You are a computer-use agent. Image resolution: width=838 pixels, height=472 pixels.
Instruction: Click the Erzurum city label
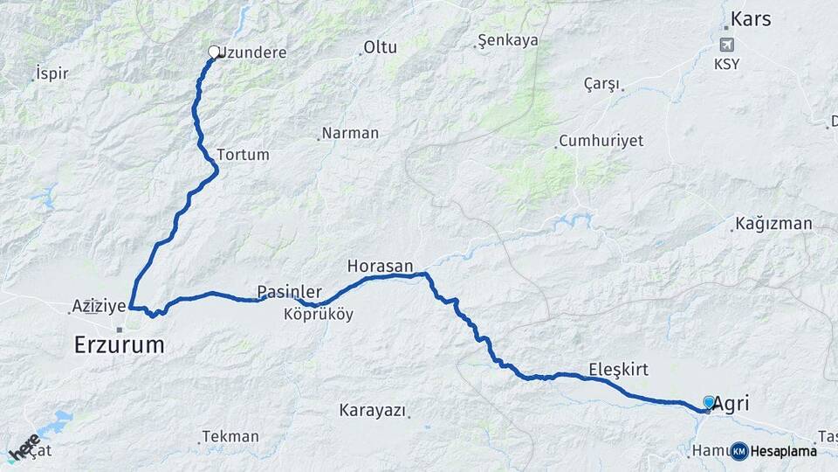click(119, 344)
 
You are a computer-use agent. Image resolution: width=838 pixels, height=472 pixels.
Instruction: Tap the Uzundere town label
click(252, 52)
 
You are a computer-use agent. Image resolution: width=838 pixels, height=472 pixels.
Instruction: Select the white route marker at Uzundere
click(214, 52)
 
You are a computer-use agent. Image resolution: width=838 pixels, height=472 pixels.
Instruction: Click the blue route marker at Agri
click(709, 402)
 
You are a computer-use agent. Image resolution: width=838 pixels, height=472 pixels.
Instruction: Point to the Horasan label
click(380, 266)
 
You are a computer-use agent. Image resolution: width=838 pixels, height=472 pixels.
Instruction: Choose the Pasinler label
click(289, 291)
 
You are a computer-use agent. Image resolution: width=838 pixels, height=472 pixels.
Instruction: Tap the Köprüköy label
click(319, 315)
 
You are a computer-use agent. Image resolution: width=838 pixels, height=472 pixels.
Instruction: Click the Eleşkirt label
click(618, 369)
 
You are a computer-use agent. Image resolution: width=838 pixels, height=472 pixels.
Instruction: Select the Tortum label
click(237, 154)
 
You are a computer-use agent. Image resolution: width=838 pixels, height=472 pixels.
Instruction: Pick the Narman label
click(350, 133)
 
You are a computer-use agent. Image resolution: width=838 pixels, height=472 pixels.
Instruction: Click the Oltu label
click(380, 47)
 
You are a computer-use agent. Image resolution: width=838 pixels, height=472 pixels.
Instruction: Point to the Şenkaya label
click(509, 40)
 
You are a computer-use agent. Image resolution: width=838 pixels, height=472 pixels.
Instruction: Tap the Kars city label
click(750, 18)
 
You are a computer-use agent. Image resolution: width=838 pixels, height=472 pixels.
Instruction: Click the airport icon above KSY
click(726, 45)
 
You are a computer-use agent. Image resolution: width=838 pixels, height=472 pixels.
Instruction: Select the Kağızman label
click(773, 224)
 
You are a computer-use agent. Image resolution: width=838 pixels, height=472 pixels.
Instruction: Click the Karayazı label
click(374, 410)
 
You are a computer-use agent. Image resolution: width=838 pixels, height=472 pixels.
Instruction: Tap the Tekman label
click(230, 436)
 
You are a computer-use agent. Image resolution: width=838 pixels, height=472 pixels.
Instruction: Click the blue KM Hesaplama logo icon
click(739, 451)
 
